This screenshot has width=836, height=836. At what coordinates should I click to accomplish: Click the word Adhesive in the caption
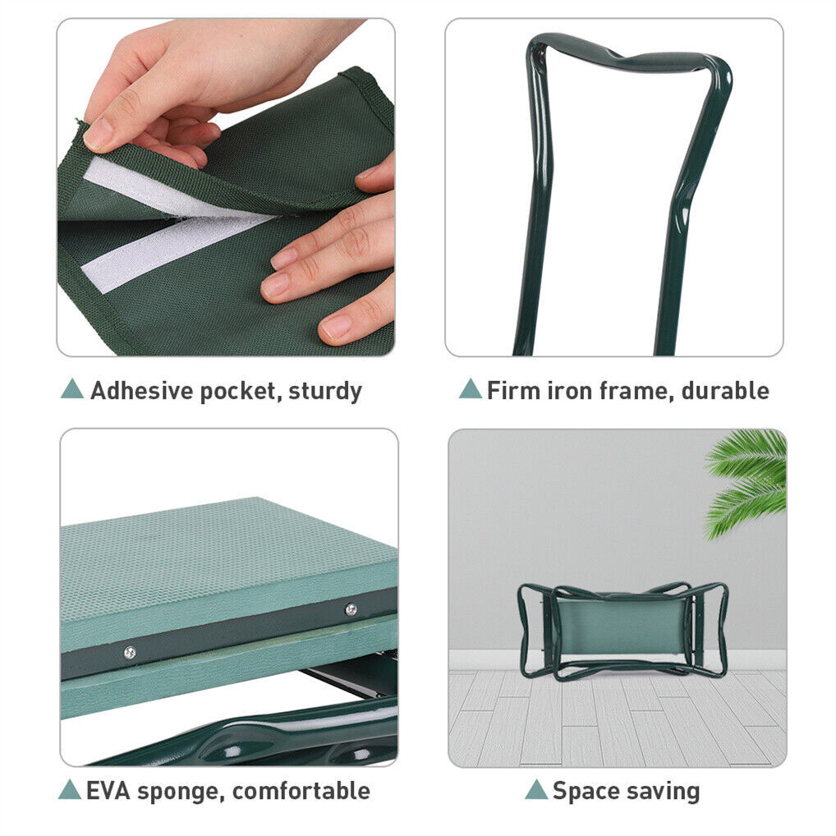click(142, 390)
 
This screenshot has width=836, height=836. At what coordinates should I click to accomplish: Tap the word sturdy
click(325, 392)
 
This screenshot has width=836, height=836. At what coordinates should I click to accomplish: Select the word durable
click(726, 390)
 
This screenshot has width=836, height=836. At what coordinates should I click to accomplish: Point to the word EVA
click(108, 791)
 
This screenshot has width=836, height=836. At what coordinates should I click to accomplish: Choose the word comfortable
click(301, 791)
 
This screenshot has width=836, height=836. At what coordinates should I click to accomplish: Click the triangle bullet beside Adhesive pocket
click(72, 389)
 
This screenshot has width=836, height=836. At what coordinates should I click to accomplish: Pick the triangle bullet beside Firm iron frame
click(471, 389)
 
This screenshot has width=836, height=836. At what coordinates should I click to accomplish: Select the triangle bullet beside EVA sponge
click(69, 790)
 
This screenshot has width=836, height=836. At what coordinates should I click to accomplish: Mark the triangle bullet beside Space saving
click(536, 790)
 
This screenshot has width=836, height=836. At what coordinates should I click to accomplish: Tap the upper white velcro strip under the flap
click(160, 189)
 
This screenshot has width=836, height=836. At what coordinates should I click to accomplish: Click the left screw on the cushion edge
click(129, 652)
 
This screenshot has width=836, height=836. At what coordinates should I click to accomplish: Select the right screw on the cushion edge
click(351, 609)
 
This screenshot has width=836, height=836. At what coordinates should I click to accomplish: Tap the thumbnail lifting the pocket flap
click(99, 133)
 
